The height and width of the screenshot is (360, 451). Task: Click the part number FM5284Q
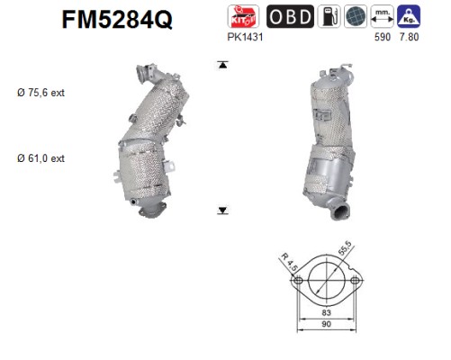coord(117,19)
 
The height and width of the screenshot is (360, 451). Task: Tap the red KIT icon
coord(243,16)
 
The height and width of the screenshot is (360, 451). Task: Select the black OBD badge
coord(290,16)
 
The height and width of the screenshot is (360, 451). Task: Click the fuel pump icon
coord(329,16)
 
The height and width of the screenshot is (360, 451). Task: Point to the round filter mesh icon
coord(356,16)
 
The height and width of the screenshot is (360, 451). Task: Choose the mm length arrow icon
coord(383,16)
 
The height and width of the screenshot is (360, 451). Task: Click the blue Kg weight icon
coord(409,16)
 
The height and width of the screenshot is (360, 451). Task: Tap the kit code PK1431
coord(245,37)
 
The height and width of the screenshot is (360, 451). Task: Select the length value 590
coord(383,37)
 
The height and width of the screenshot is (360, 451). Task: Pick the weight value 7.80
coord(409,37)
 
